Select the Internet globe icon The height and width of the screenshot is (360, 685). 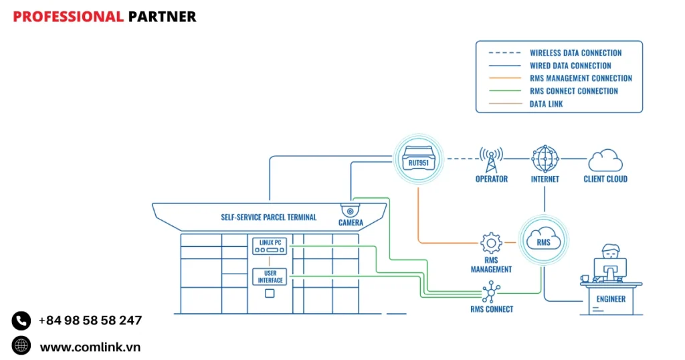click(545, 159)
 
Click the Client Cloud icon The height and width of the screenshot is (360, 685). click(605, 161)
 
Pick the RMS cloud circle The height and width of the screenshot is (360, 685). click(543, 240)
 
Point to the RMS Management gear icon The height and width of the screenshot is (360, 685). click(491, 243)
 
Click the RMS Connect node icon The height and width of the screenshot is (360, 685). click(492, 291)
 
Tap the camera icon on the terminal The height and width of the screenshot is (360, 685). click(350, 210)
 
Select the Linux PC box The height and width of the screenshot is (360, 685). click(270, 246)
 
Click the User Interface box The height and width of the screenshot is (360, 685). click(270, 276)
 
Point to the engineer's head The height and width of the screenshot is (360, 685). click(611, 252)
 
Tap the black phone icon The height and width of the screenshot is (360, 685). click(21, 321)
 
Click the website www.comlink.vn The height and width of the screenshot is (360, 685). click(90, 347)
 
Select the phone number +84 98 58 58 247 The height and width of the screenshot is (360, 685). click(90, 321)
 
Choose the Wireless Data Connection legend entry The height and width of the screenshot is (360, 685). click(575, 53)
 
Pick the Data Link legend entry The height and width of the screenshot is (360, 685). click(546, 104)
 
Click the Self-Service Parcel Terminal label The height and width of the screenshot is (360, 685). click(269, 217)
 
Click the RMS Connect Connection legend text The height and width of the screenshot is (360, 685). click(573, 91)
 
